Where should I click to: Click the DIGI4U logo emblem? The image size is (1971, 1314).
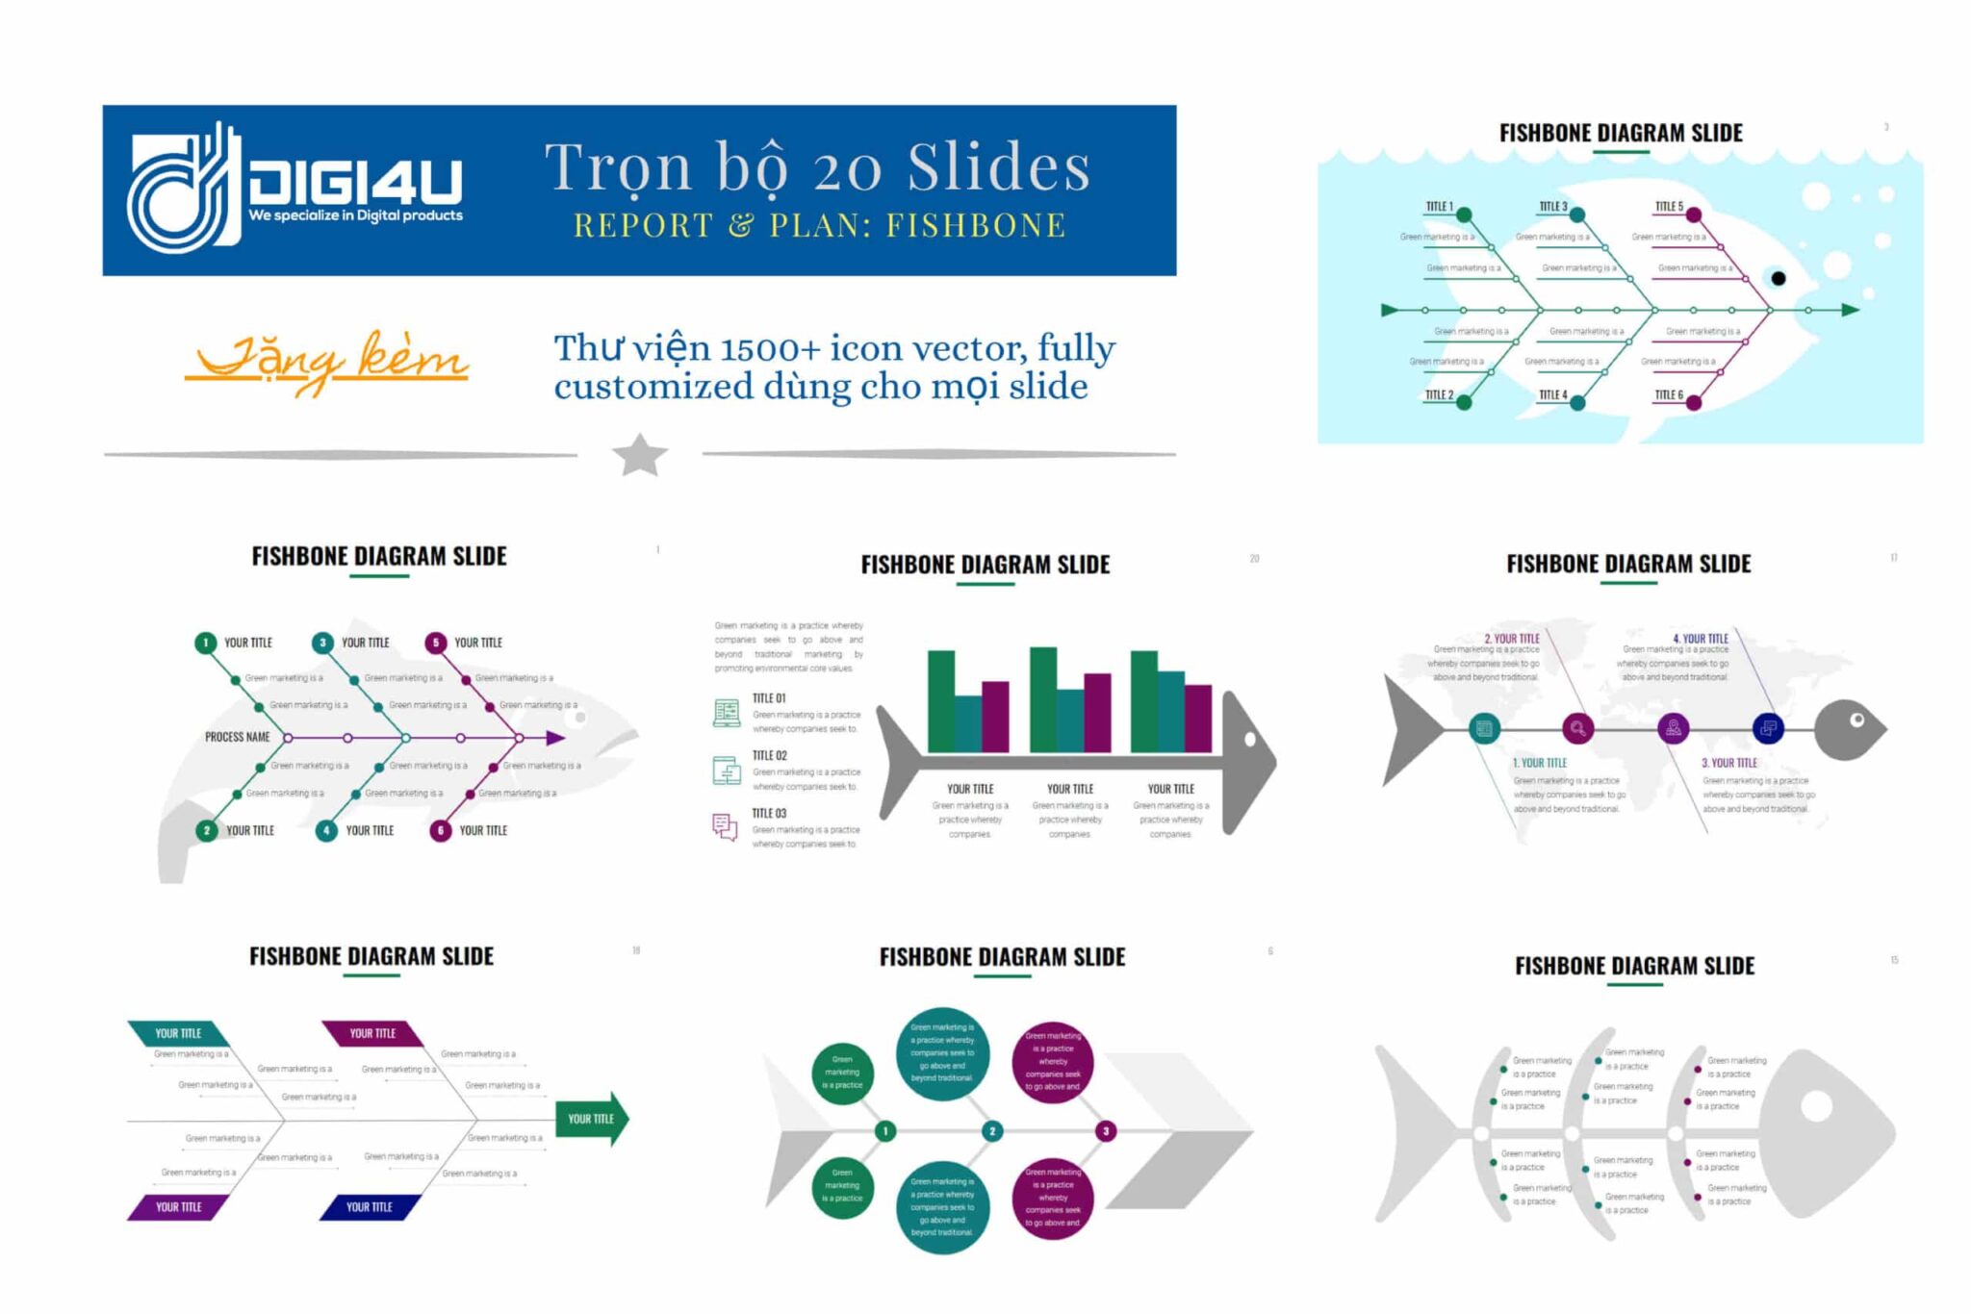click(x=183, y=189)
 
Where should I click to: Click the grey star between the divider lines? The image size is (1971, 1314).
click(x=640, y=455)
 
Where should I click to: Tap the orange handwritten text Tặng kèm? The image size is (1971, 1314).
click(x=327, y=362)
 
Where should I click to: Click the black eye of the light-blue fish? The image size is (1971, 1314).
click(x=1778, y=279)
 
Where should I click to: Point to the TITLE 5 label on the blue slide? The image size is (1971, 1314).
click(x=1669, y=207)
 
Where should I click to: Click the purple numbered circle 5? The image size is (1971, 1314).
click(x=436, y=643)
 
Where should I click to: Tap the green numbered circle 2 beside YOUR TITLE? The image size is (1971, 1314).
click(x=207, y=830)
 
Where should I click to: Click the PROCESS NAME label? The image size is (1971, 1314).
click(x=237, y=737)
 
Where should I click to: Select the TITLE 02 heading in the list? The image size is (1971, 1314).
click(x=769, y=756)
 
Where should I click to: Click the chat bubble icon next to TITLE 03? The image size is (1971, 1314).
click(x=725, y=826)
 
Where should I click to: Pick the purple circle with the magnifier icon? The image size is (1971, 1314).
click(x=1577, y=728)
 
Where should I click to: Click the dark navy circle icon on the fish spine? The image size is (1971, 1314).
click(x=1768, y=728)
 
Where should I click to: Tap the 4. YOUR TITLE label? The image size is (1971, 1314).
click(x=1701, y=639)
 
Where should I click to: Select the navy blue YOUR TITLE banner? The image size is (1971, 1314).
click(x=371, y=1206)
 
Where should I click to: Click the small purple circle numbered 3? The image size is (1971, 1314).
click(x=1106, y=1131)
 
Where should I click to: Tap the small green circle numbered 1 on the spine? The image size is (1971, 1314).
click(x=885, y=1131)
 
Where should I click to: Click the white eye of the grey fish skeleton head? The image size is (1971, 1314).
click(x=1816, y=1106)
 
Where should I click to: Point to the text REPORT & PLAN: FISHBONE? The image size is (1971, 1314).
click(x=820, y=225)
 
